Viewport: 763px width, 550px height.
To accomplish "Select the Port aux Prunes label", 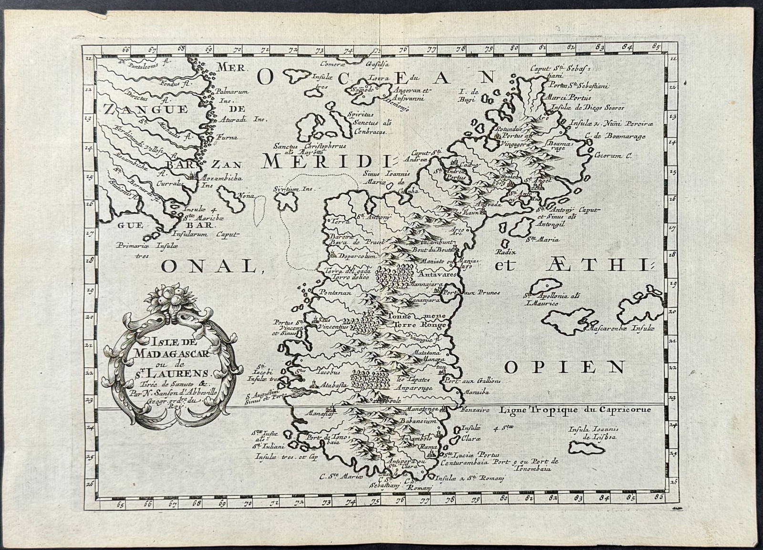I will pos(476,292).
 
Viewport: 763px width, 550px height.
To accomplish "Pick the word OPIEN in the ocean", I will pos(565,367).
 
